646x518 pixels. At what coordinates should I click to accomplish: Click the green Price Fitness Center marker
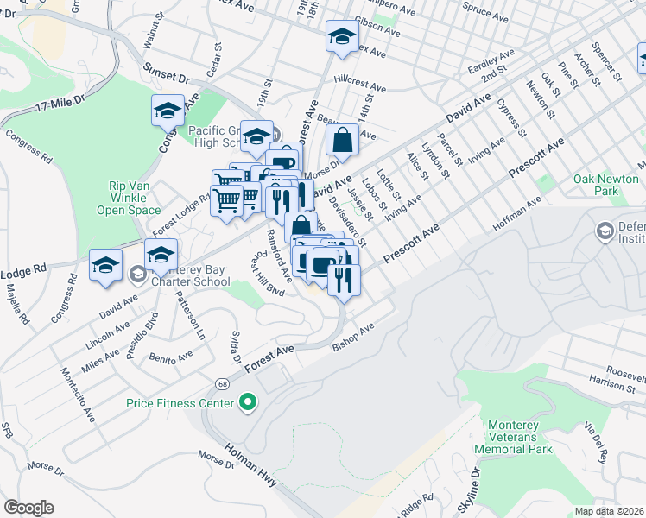pyautogui.click(x=248, y=403)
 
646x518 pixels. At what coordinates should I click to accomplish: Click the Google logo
pyautogui.click(x=28, y=508)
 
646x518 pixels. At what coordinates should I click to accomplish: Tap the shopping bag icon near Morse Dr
pyautogui.click(x=343, y=139)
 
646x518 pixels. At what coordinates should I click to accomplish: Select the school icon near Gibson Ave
pyautogui.click(x=342, y=37)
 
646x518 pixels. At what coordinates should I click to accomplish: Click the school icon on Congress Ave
pyautogui.click(x=168, y=111)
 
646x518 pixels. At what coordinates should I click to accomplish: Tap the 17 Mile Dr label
pyautogui.click(x=61, y=102)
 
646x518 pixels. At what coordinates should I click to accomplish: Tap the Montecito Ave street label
pyautogui.click(x=77, y=396)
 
